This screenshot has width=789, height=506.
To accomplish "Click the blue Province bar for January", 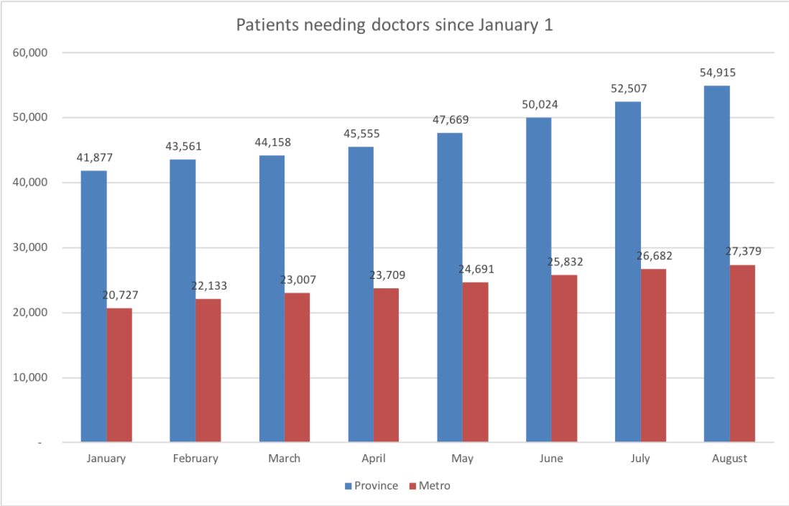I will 93,305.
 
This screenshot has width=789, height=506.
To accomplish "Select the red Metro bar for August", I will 742,353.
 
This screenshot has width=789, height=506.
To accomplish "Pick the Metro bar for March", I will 297,367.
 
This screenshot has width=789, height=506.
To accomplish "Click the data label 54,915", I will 717,73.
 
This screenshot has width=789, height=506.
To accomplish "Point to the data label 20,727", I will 119,295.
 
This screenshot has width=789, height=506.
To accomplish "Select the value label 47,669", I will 450,119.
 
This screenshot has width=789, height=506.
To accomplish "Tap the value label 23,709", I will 386,275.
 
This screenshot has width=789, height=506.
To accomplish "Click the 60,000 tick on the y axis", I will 29,52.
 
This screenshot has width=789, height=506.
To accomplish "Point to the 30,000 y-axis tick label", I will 29,248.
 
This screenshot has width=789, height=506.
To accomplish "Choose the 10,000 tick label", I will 29,378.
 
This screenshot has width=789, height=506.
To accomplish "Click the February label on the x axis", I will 195,459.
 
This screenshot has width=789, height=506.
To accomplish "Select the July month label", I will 640,459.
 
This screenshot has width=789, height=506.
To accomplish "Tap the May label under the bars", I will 462,459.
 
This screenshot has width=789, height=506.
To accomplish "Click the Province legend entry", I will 371,486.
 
